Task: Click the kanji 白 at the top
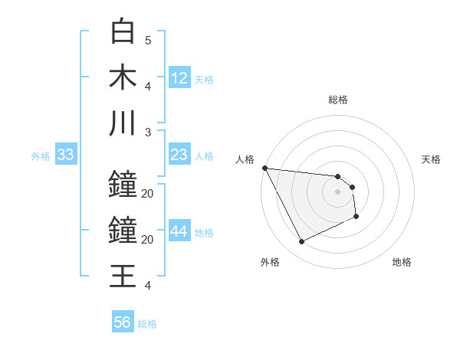pyautogui.click(x=123, y=32)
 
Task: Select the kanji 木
pyautogui.click(x=123, y=77)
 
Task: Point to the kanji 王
pyautogui.click(x=123, y=275)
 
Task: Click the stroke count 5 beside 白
pyautogui.click(x=148, y=41)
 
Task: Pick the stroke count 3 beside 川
pyautogui.click(x=148, y=132)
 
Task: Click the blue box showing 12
pyautogui.click(x=179, y=78)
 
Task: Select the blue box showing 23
pyautogui.click(x=179, y=155)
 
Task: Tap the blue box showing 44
pyautogui.click(x=179, y=232)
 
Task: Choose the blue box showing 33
pyautogui.click(x=65, y=155)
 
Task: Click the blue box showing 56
pyautogui.click(x=122, y=322)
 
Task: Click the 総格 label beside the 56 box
pyautogui.click(x=147, y=324)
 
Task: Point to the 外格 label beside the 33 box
pyautogui.click(x=41, y=156)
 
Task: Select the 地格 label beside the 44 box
pyautogui.click(x=204, y=233)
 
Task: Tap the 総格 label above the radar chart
pyautogui.click(x=338, y=100)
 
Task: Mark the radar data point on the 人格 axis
pyautogui.click(x=264, y=169)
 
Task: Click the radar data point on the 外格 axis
pyautogui.click(x=301, y=242)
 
